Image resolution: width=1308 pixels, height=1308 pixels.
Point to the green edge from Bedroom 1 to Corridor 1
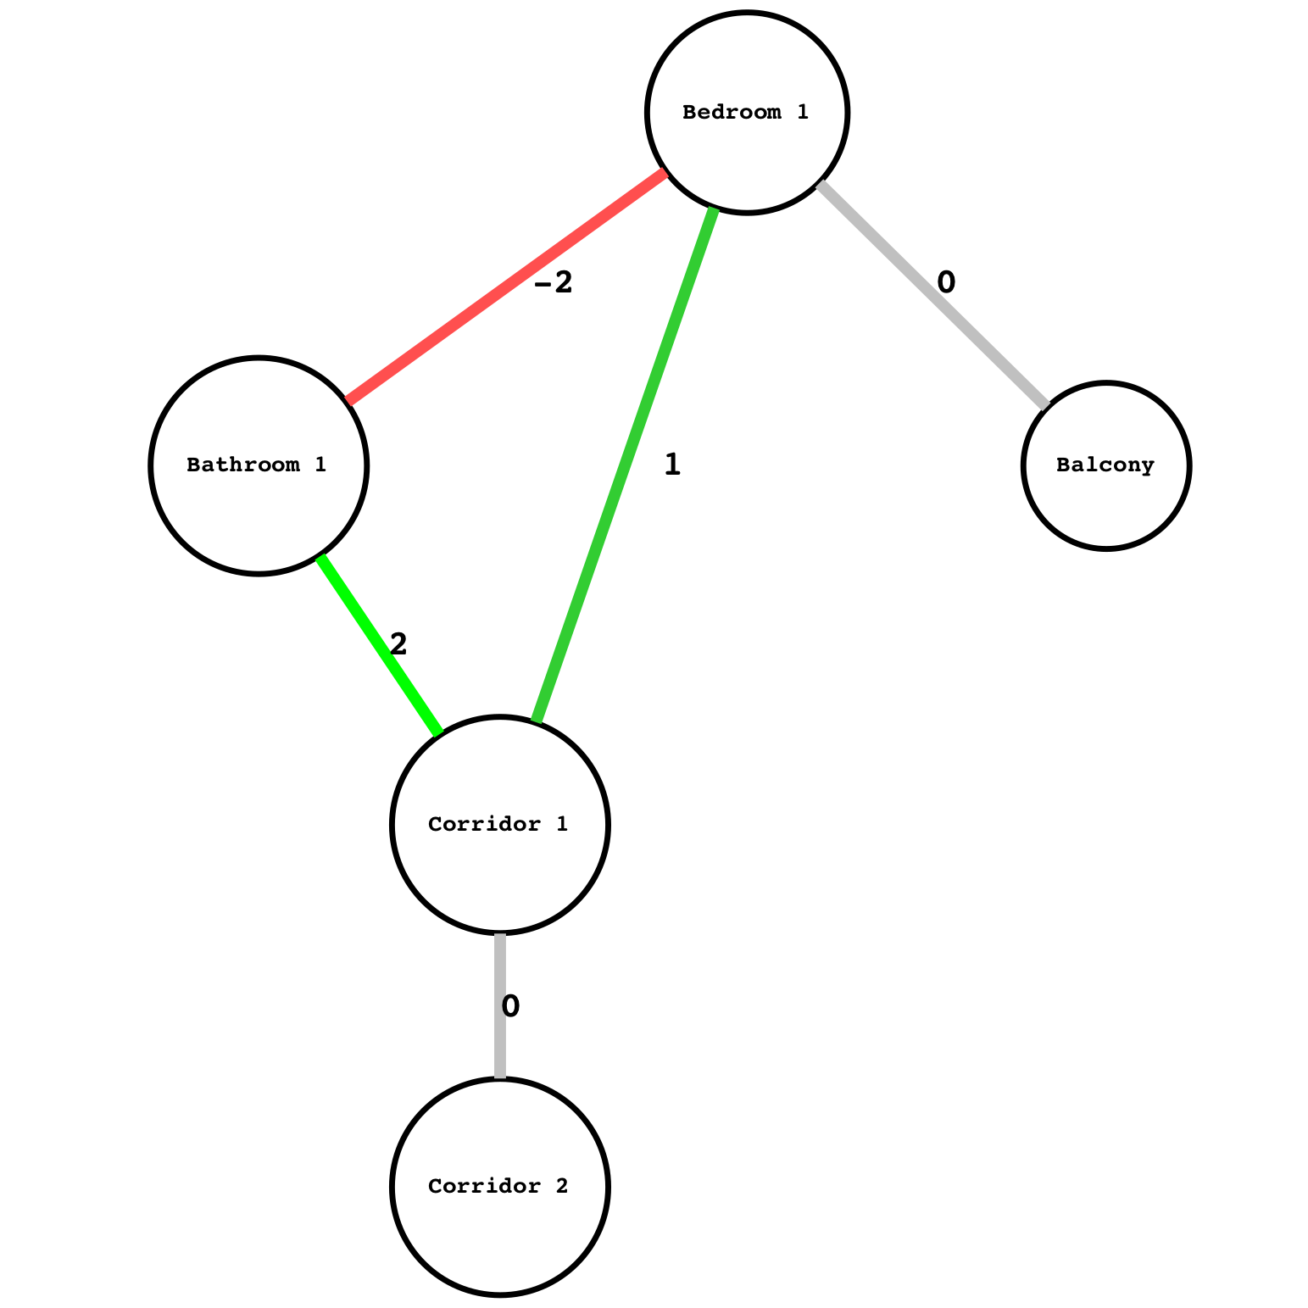(624, 465)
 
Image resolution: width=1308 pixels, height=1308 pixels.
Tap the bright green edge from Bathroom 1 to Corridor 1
(380, 645)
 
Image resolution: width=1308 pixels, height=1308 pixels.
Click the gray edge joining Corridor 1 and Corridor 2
(500, 1005)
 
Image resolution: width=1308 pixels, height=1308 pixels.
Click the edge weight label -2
(554, 283)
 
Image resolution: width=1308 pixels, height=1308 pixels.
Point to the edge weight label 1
(672, 465)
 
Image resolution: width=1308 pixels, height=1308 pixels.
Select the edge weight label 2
(398, 644)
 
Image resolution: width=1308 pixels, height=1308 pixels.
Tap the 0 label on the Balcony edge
(946, 281)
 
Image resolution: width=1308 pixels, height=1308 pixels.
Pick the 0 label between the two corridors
(510, 1006)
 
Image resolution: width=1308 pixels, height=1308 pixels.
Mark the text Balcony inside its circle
(1105, 465)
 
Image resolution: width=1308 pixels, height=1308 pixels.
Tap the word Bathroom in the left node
(241, 465)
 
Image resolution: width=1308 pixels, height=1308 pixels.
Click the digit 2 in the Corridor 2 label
(560, 1186)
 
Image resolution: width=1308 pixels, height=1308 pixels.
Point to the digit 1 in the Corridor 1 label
(560, 824)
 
